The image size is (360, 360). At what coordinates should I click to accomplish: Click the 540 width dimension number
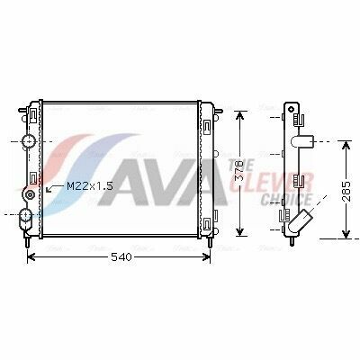point(121,257)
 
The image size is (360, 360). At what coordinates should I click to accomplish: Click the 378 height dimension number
point(239,171)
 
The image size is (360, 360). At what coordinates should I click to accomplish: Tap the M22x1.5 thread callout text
point(89,186)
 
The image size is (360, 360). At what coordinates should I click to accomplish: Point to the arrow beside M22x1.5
point(54,188)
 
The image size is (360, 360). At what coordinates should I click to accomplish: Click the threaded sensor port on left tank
point(30,195)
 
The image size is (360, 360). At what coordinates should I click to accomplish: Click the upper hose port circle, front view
point(28,141)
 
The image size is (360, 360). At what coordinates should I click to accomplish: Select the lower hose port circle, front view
point(25,214)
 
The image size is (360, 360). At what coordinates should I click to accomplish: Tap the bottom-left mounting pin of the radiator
point(27,242)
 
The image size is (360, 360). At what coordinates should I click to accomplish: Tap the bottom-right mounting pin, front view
point(210,242)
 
